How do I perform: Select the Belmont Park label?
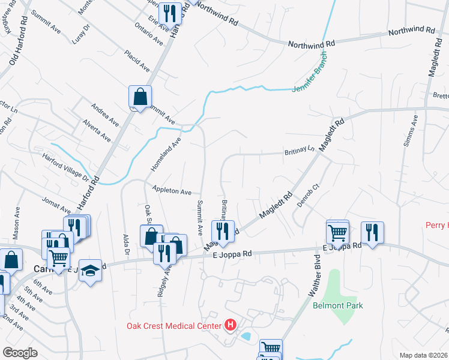pos(338,305)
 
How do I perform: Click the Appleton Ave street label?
pos(172,190)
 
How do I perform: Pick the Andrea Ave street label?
pos(104,115)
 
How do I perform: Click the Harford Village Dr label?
pos(70,169)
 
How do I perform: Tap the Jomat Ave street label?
pos(56,206)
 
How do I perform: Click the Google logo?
pos(20,353)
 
